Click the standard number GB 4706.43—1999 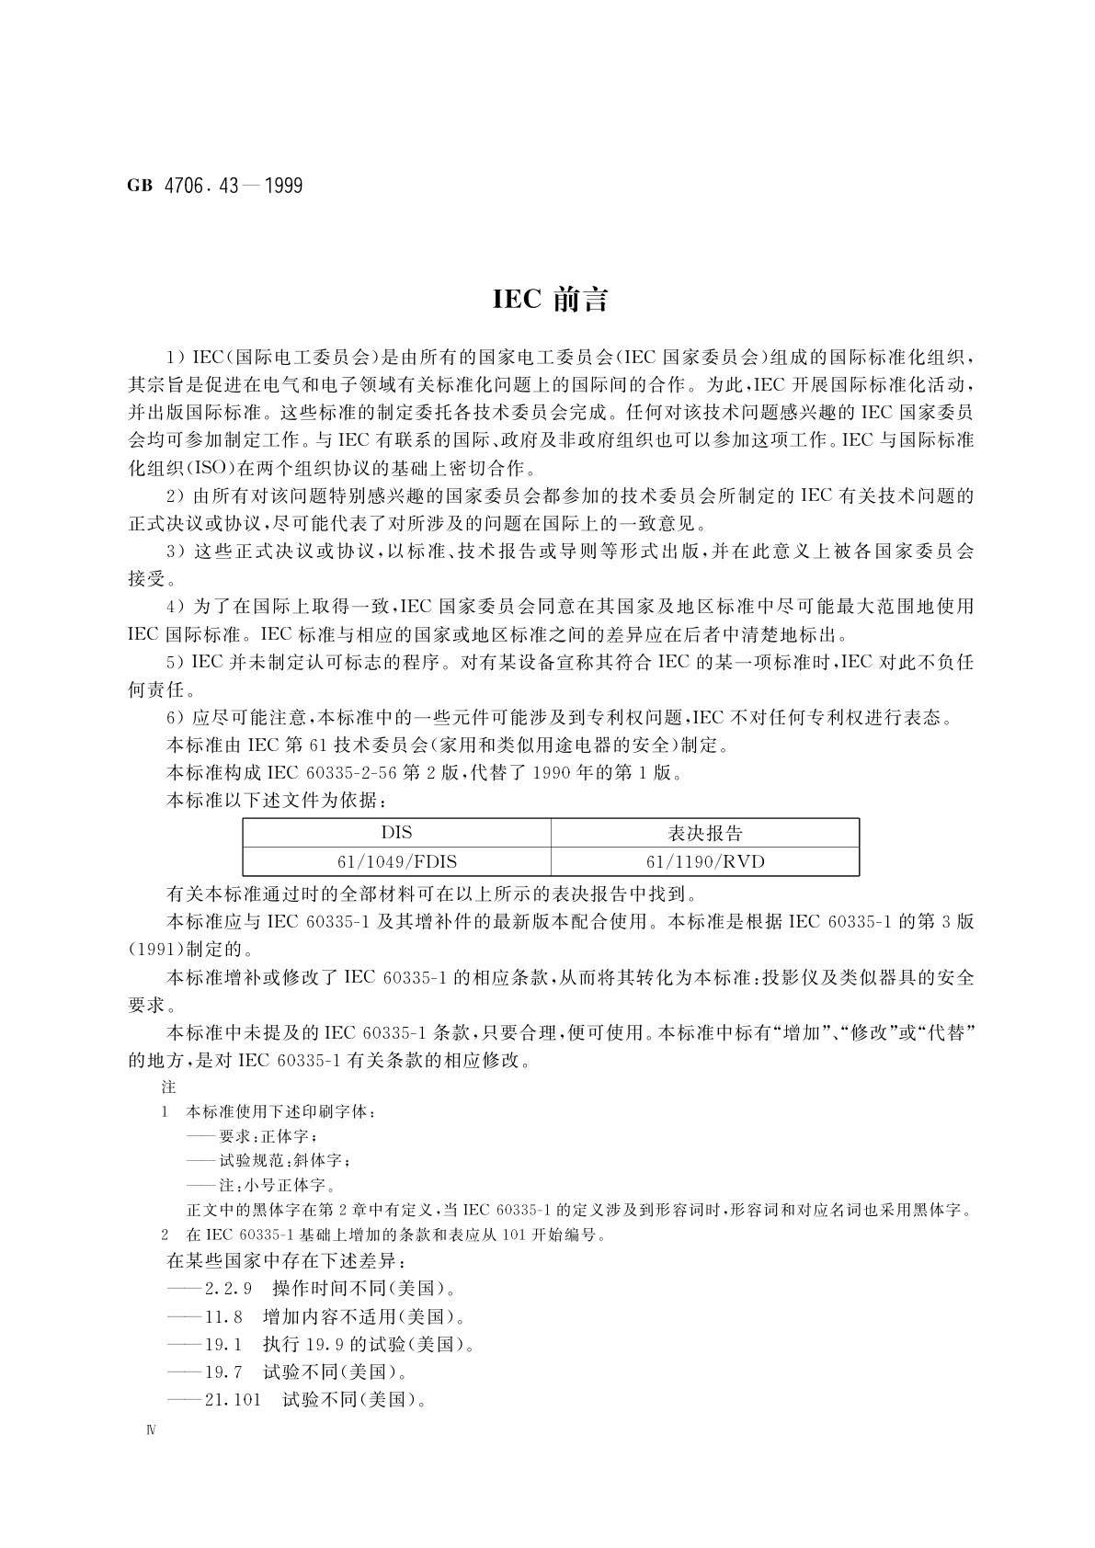tap(215, 186)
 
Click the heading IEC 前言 tap(550, 301)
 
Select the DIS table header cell tap(396, 833)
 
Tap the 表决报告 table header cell tap(704, 833)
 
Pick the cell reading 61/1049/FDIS tap(396, 861)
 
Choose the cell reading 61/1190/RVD tap(704, 861)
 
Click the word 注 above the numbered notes tap(168, 1086)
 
